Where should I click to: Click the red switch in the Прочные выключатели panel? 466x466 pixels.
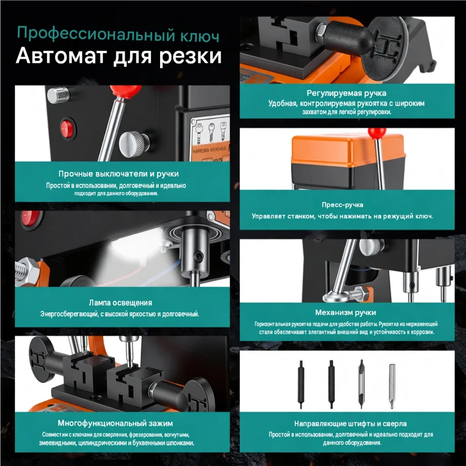coord(68,129)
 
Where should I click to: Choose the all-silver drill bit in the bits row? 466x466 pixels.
coord(392,386)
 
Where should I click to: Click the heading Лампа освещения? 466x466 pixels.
coord(120,303)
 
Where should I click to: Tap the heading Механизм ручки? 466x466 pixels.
coord(346,312)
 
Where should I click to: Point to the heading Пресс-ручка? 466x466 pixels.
coord(342,205)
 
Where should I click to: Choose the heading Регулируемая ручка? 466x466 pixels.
coord(346,93)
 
